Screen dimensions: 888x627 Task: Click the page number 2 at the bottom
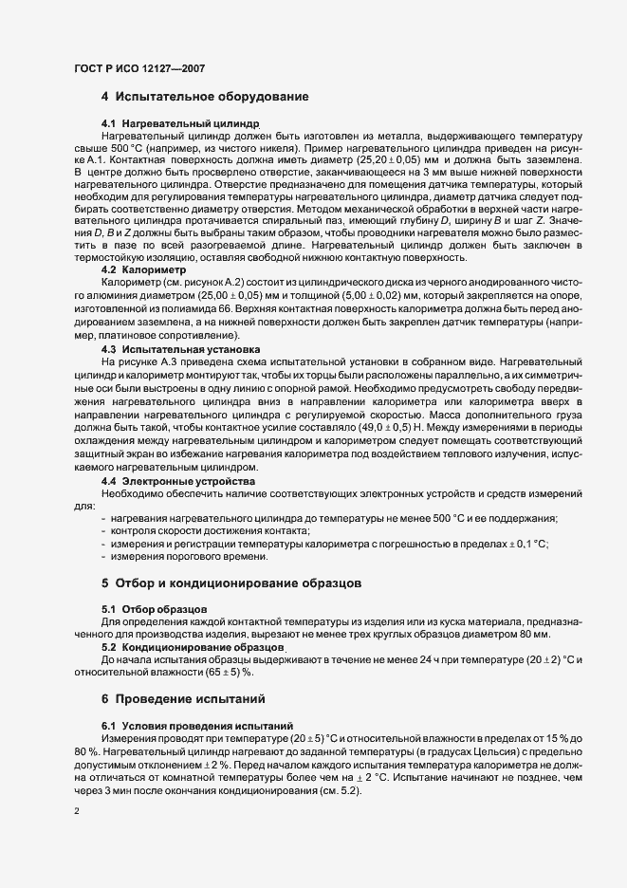pos(76,812)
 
